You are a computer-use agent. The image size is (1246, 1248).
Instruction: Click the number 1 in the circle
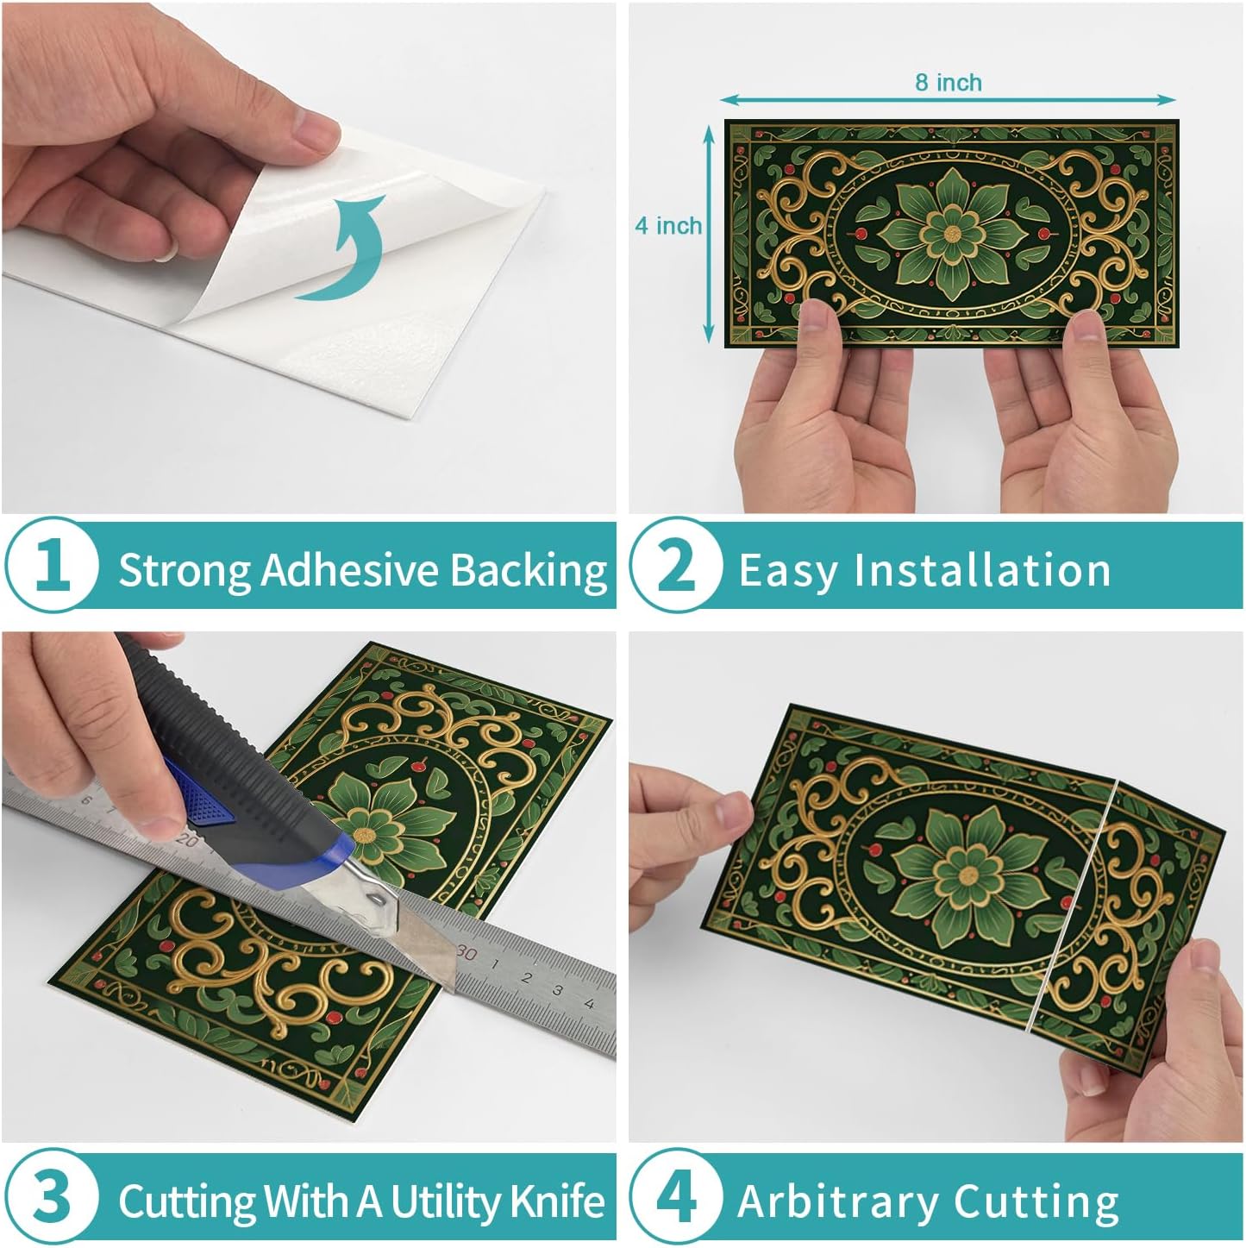(x=53, y=565)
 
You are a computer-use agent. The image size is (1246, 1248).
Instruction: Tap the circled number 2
(x=676, y=565)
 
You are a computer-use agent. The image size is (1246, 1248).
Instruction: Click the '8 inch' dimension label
(x=949, y=82)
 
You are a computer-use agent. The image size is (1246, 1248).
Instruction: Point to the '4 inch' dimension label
(x=668, y=225)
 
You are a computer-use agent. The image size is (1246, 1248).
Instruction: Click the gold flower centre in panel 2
(x=952, y=234)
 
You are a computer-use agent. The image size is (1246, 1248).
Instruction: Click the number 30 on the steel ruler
(x=466, y=953)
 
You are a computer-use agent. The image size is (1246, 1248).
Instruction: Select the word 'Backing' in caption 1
(x=529, y=571)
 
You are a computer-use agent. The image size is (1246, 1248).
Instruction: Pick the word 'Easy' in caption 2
(x=786, y=571)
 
